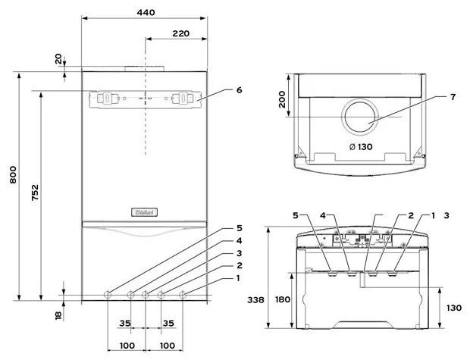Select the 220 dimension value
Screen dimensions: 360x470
pos(180,33)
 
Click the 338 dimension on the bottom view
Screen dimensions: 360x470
pos(256,299)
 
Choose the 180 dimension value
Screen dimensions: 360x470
pos(282,299)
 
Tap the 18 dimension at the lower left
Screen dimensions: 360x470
pos(58,315)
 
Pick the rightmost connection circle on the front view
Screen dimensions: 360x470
pos(182,294)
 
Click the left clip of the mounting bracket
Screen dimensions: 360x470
pos(105,98)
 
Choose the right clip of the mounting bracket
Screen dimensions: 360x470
pos(184,98)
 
